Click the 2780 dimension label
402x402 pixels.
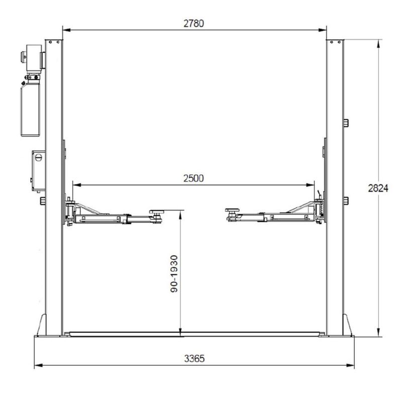pos(194,24)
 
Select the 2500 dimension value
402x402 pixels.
pos(193,178)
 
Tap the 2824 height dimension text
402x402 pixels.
pos(378,188)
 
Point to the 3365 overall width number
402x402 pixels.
pos(194,358)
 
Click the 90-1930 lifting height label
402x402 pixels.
pos(174,274)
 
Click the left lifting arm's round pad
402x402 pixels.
pos(156,212)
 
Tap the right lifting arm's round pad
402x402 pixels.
pos(232,211)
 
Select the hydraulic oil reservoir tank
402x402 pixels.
pos(30,110)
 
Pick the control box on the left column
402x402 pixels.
pos(39,171)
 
